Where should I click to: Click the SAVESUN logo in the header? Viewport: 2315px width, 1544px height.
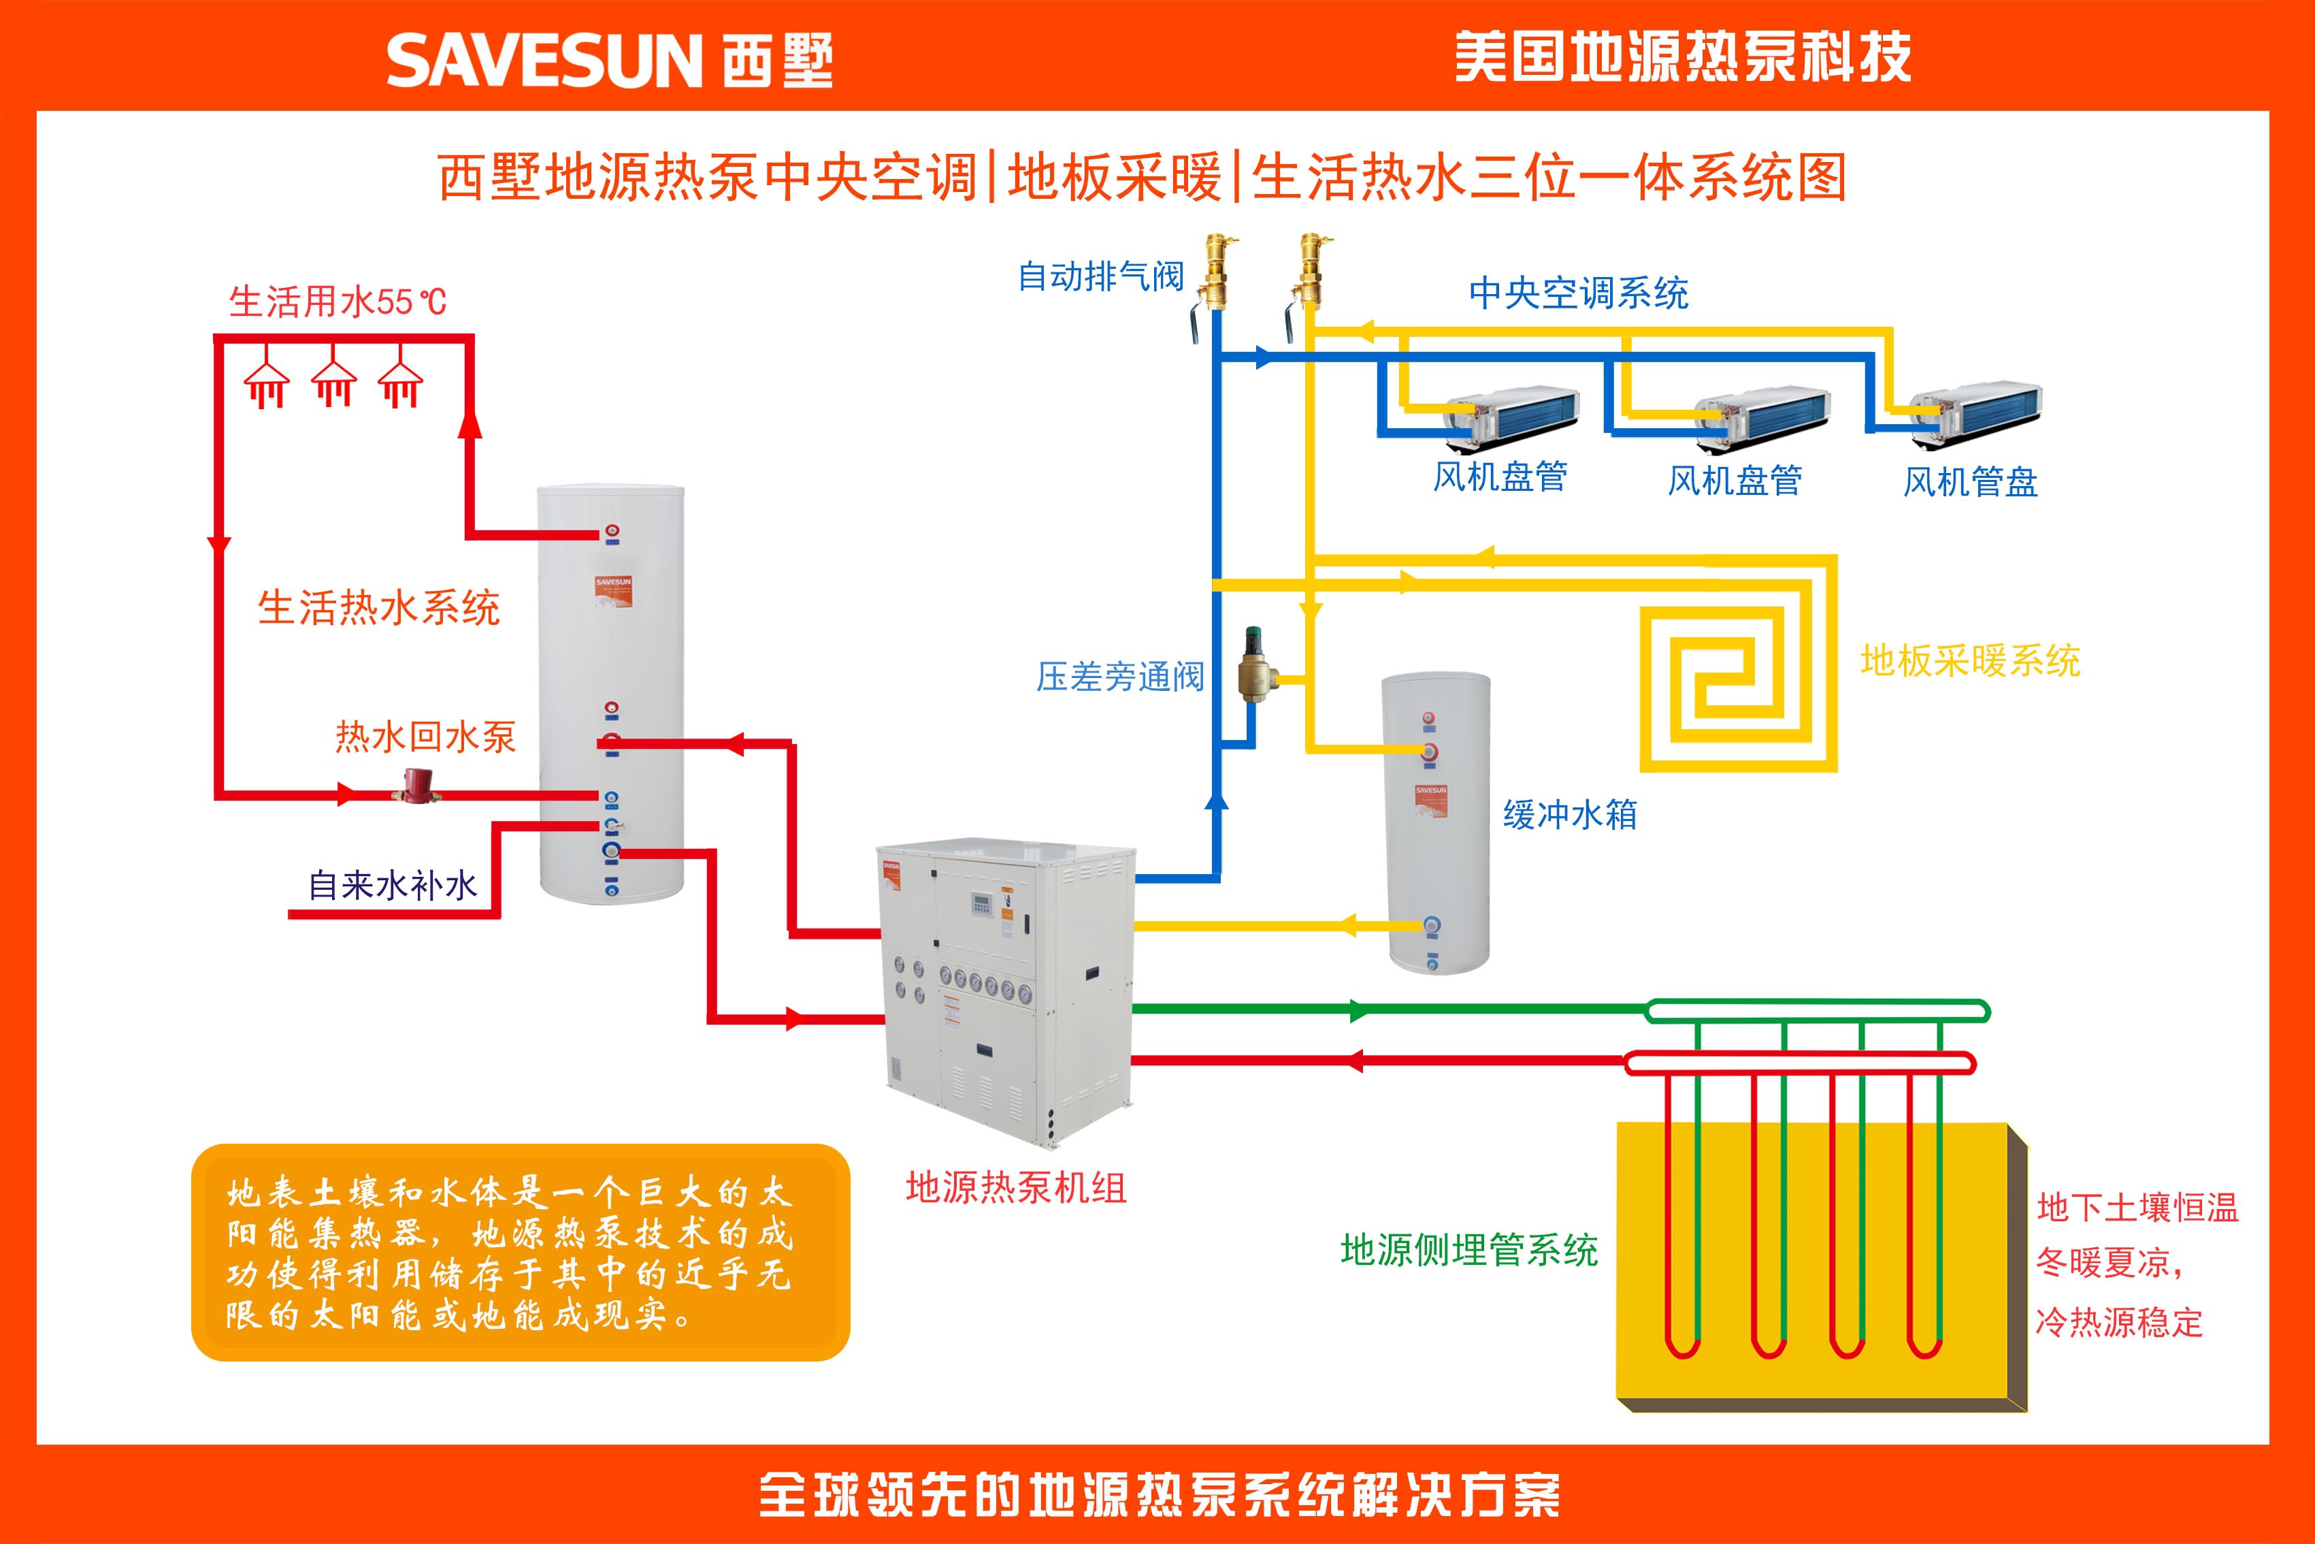click(x=608, y=61)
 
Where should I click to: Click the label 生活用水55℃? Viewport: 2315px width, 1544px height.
click(x=338, y=302)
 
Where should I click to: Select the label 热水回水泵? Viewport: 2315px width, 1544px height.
click(x=425, y=737)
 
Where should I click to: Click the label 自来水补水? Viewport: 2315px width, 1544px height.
click(x=393, y=885)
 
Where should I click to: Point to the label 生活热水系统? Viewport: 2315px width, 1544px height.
click(x=379, y=607)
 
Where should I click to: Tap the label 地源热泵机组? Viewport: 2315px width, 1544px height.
click(x=1016, y=1187)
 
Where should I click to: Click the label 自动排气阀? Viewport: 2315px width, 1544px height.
click(x=1100, y=276)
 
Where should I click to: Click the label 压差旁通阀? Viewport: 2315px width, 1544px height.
click(x=1120, y=677)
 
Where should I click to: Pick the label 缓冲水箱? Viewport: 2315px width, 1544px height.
click(x=1570, y=814)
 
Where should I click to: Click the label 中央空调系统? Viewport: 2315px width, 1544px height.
click(x=1578, y=293)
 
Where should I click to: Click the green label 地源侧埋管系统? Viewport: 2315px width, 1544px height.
click(x=1468, y=1251)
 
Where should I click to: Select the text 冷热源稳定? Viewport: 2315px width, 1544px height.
click(x=2118, y=1321)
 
